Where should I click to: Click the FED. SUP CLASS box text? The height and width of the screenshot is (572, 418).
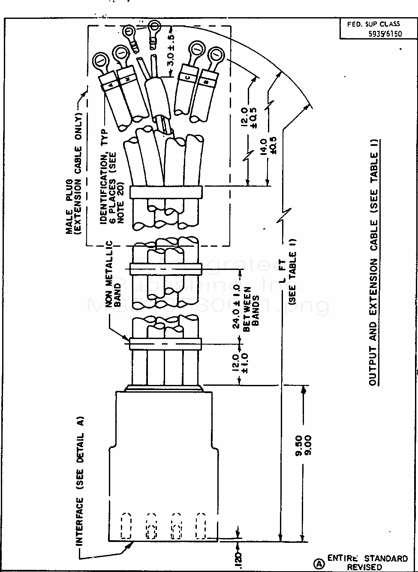click(373, 24)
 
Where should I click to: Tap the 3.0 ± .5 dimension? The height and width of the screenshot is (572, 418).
click(170, 53)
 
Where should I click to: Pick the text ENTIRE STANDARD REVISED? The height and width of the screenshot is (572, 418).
click(367, 562)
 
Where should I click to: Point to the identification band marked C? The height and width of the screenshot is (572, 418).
click(187, 78)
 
